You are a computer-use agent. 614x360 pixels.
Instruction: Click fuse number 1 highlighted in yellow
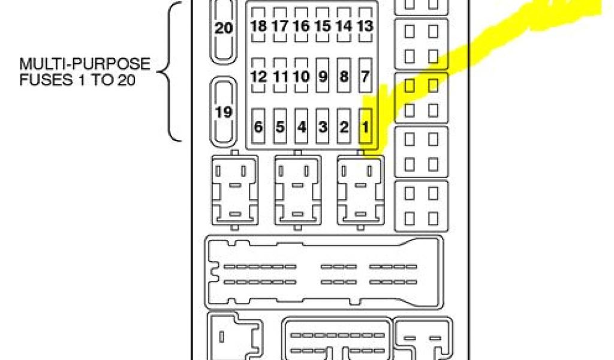[x=365, y=127]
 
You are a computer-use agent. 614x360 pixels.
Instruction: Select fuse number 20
[x=224, y=29]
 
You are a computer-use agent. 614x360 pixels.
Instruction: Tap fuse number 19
[x=224, y=112]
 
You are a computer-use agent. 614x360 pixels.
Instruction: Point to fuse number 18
[x=259, y=26]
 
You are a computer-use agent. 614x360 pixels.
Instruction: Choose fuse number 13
[x=365, y=26]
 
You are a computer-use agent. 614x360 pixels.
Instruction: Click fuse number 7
[x=365, y=76]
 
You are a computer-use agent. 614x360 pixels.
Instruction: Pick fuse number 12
[x=259, y=76]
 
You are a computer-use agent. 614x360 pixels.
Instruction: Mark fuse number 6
[x=259, y=127]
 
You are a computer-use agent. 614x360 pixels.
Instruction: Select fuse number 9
[x=323, y=76]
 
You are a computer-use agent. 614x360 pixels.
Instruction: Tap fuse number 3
[x=323, y=127]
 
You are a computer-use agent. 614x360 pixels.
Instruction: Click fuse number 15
[x=323, y=26]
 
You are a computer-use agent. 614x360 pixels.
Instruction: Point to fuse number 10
[x=301, y=76]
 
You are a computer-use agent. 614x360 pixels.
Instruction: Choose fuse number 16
[x=301, y=26]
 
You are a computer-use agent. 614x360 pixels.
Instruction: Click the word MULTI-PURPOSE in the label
[x=85, y=64]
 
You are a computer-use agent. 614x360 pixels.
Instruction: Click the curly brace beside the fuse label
[x=169, y=72]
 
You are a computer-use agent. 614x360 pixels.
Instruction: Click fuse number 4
[x=301, y=127]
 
